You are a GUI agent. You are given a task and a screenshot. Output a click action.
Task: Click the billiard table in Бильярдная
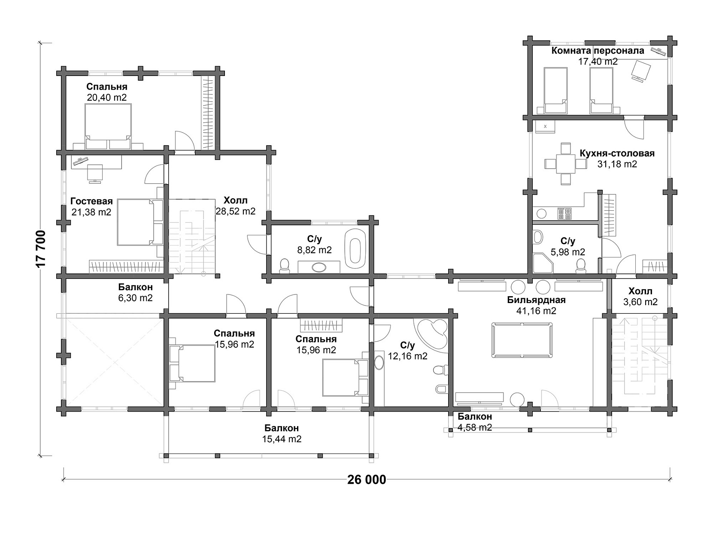coord(522,340)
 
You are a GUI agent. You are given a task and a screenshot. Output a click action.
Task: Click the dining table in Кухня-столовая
coord(566,164)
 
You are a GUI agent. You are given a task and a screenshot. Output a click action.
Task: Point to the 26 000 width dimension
coord(367,480)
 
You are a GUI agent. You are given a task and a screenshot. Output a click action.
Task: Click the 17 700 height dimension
coord(41,249)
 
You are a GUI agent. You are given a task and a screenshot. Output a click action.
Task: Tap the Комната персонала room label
coord(598,51)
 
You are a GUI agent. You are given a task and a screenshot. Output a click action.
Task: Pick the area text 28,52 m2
coord(235,211)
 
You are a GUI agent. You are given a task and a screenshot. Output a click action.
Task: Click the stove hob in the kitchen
coord(564,214)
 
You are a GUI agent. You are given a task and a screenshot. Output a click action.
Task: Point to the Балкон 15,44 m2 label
coord(282,434)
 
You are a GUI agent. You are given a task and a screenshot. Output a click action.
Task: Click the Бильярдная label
coord(536,300)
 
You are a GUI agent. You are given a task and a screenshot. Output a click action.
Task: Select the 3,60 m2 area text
coord(640,302)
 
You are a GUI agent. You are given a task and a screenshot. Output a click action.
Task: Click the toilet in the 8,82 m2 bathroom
coord(284,265)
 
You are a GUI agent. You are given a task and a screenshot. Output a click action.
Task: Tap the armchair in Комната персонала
coord(641,70)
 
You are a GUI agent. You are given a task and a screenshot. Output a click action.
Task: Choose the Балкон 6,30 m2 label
coord(136,292)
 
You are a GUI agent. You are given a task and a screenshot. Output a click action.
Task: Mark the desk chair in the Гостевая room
coord(95,173)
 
